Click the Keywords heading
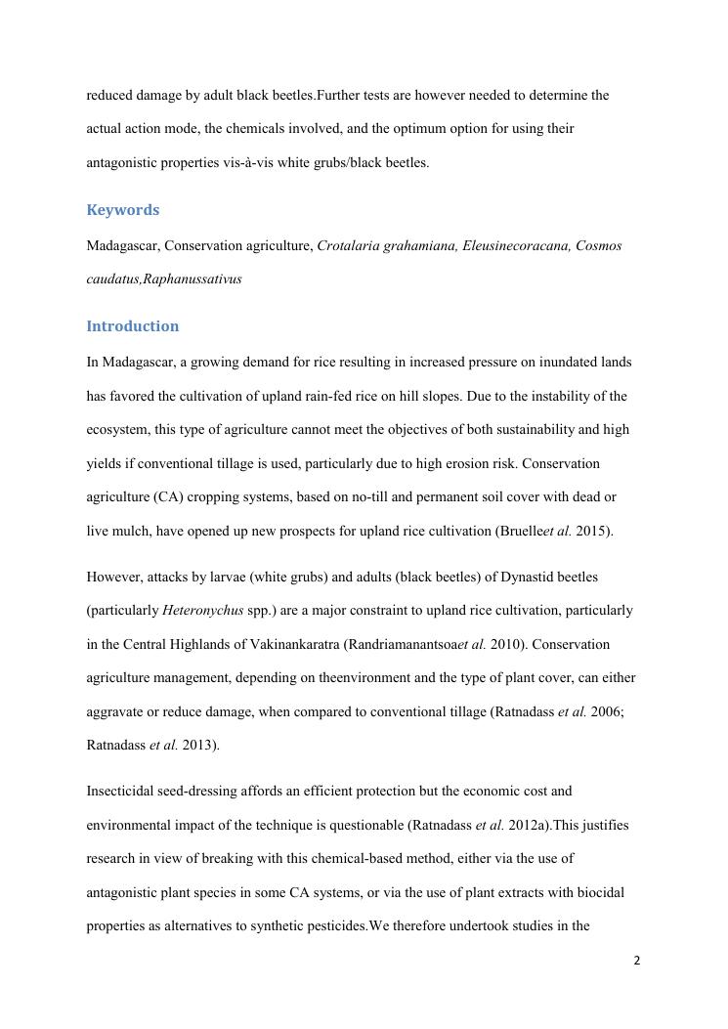click(x=122, y=210)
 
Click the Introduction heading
click(x=132, y=326)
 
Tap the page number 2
click(x=637, y=961)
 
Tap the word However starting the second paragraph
click(x=114, y=578)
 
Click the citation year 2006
click(x=607, y=712)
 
